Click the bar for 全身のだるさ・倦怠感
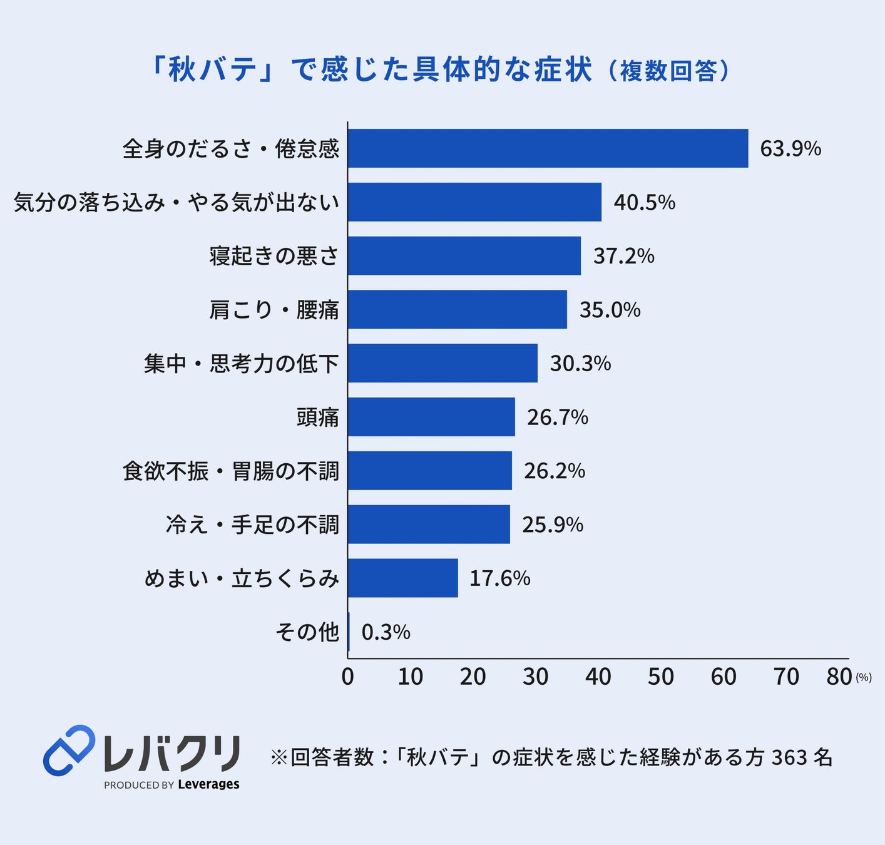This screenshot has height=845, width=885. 548,148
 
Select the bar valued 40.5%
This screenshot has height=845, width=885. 475,202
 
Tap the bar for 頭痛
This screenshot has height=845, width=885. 432,417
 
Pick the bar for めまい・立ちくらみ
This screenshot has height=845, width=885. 403,578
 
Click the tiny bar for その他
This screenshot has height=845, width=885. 349,632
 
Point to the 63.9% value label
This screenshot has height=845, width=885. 790,149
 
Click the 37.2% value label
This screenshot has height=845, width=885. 623,256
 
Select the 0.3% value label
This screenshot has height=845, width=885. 386,632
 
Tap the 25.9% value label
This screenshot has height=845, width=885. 553,525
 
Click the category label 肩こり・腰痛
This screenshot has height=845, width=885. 274,310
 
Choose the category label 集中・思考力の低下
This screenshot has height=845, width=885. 242,364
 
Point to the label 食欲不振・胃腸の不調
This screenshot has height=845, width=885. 230,471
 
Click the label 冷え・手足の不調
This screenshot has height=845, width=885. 252,525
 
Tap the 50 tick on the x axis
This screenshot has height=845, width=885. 661,677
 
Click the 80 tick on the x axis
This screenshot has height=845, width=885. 839,677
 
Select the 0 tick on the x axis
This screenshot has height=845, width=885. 347,677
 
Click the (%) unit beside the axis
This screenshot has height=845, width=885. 864,678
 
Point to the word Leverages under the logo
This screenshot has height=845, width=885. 209,784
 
